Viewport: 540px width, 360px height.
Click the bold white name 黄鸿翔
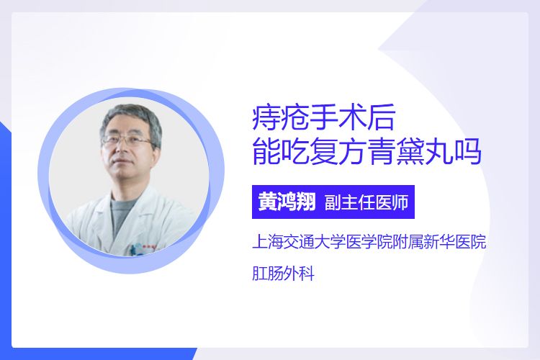coord(287,202)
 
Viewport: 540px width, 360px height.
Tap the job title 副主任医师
coord(366,202)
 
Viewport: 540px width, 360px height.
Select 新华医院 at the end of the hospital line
coord(455,241)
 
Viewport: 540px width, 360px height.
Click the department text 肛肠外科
coord(283,274)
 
